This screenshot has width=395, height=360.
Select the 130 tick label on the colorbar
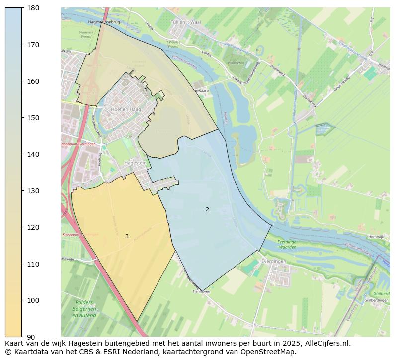click(x=33, y=191)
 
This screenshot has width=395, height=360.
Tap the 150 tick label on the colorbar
click(x=33, y=118)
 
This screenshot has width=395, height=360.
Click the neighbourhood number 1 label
click(x=146, y=90)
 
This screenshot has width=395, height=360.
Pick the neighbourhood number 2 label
click(x=207, y=209)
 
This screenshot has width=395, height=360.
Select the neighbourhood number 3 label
click(x=127, y=236)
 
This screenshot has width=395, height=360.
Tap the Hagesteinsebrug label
click(x=104, y=22)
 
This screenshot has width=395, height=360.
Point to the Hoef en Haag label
click(x=126, y=109)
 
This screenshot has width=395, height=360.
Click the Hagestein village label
click(x=135, y=163)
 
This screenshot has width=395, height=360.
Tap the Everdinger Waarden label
click(x=288, y=244)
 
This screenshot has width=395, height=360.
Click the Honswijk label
click(x=377, y=237)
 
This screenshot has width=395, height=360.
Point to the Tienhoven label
click(x=201, y=292)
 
